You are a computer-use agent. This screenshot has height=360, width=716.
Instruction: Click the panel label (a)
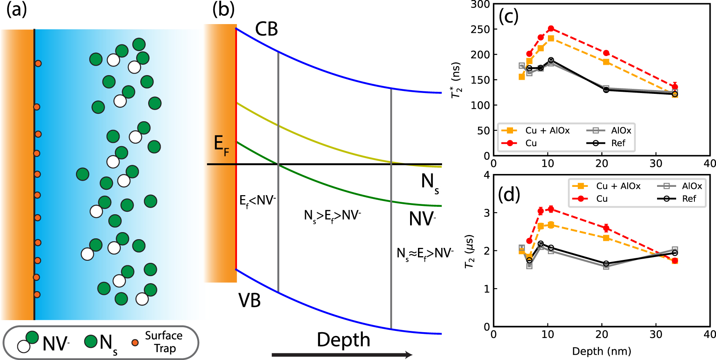point(16,10)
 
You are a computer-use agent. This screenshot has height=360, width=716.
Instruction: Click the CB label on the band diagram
point(266,29)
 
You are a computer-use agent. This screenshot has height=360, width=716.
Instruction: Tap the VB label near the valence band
point(249,300)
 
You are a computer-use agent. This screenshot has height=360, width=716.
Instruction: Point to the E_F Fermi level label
point(221,145)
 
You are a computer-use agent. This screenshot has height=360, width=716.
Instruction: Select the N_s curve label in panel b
point(430,183)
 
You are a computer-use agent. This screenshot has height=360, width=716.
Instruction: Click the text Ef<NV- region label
point(257,201)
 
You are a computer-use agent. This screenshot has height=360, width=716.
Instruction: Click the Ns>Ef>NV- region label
point(332,216)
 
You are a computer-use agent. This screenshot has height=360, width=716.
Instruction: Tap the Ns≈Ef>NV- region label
point(425,253)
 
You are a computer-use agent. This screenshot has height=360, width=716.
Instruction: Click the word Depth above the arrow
point(343,340)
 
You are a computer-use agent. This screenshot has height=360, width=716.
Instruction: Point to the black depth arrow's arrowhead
point(408,355)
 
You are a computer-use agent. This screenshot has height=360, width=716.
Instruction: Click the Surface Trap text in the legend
point(164,342)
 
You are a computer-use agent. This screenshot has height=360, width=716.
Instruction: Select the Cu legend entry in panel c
point(531,143)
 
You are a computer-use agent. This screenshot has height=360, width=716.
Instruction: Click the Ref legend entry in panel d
point(689,199)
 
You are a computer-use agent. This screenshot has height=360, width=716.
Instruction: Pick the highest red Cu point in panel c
point(551,29)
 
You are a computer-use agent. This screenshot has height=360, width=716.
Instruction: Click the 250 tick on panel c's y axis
point(480,29)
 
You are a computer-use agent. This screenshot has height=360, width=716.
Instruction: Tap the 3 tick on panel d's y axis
point(486,213)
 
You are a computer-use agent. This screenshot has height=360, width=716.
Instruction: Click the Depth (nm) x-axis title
point(601,351)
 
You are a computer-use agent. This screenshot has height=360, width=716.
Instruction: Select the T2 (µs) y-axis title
point(469,252)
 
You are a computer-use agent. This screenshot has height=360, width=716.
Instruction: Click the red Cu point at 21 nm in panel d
point(606,228)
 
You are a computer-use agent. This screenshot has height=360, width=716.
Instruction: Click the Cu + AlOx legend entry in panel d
point(618,186)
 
